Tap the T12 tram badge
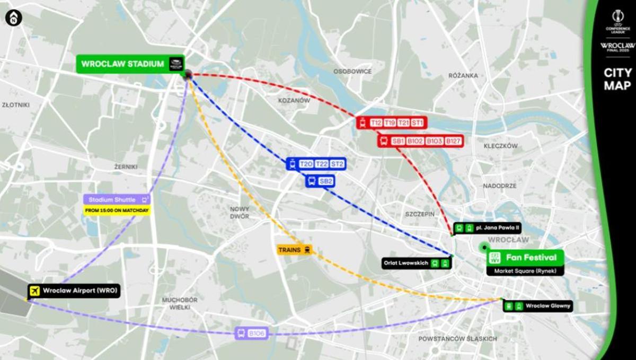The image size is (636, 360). click(x=376, y=123)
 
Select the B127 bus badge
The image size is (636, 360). click(x=453, y=141)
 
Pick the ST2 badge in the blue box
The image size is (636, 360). click(x=337, y=164)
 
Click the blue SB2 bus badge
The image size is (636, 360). click(x=326, y=181)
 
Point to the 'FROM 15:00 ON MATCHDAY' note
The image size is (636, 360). click(x=117, y=210)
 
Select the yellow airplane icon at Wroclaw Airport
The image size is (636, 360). click(x=36, y=291)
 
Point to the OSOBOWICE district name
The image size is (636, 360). click(x=352, y=71)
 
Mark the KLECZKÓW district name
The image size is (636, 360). click(x=500, y=146)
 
